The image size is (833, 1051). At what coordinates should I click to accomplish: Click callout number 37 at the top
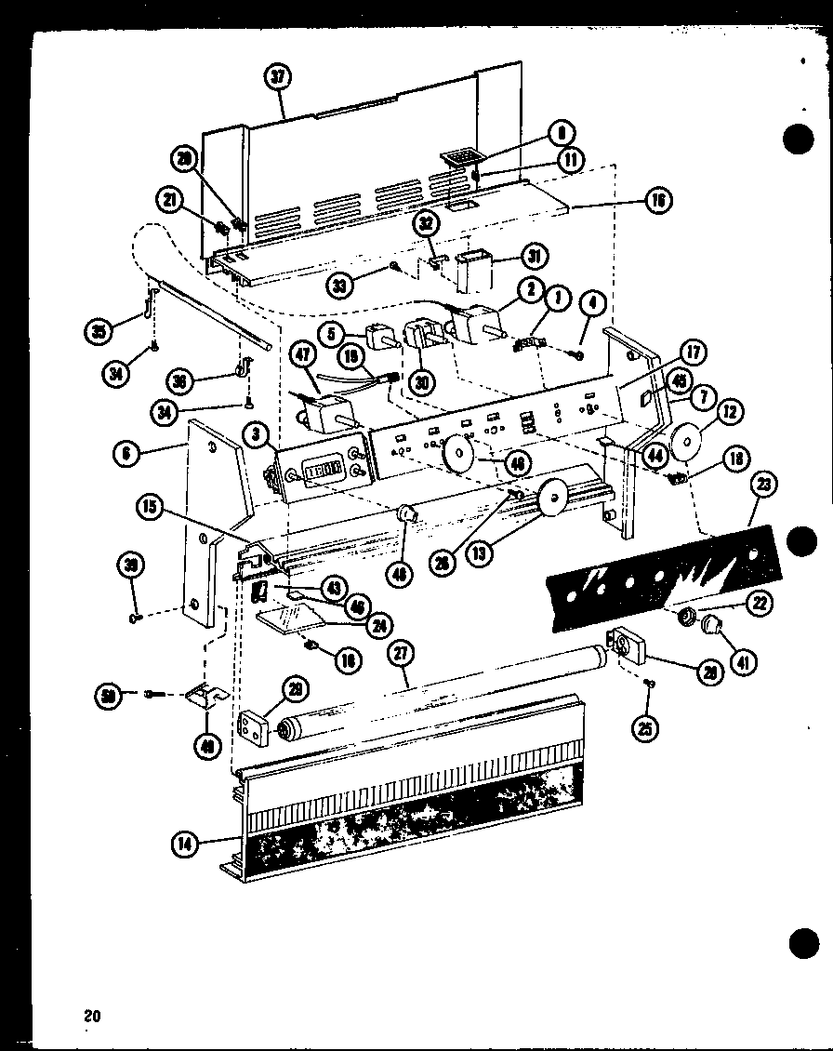click(x=277, y=78)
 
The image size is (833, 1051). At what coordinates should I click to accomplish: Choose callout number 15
click(x=149, y=508)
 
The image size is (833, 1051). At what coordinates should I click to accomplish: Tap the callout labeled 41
click(x=745, y=662)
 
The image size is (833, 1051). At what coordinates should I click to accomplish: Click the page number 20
click(x=90, y=1016)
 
